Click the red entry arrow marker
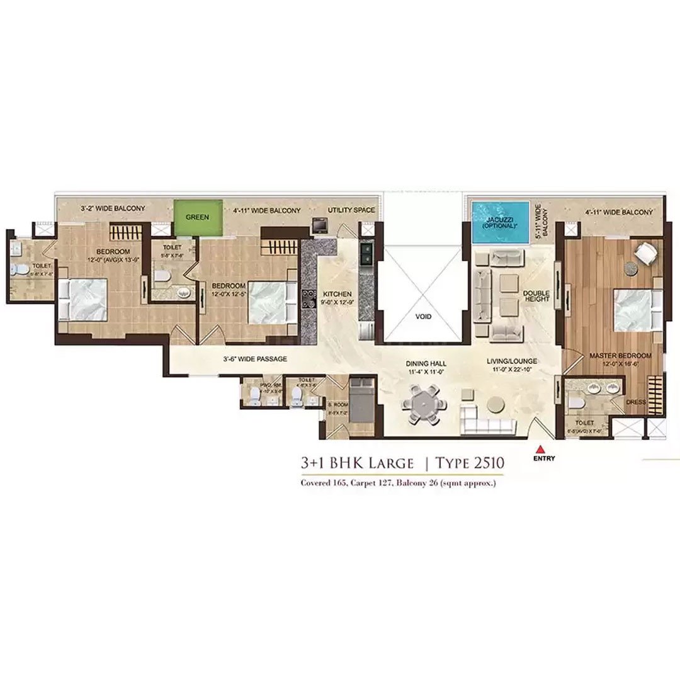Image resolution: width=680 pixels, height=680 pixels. tap(540, 449)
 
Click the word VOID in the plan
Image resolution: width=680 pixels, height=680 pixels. tap(424, 317)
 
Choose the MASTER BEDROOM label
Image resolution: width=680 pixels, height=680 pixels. tap(620, 356)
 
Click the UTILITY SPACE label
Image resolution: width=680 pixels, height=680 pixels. tap(351, 210)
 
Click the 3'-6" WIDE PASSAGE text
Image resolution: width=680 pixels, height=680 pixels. tap(255, 359)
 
